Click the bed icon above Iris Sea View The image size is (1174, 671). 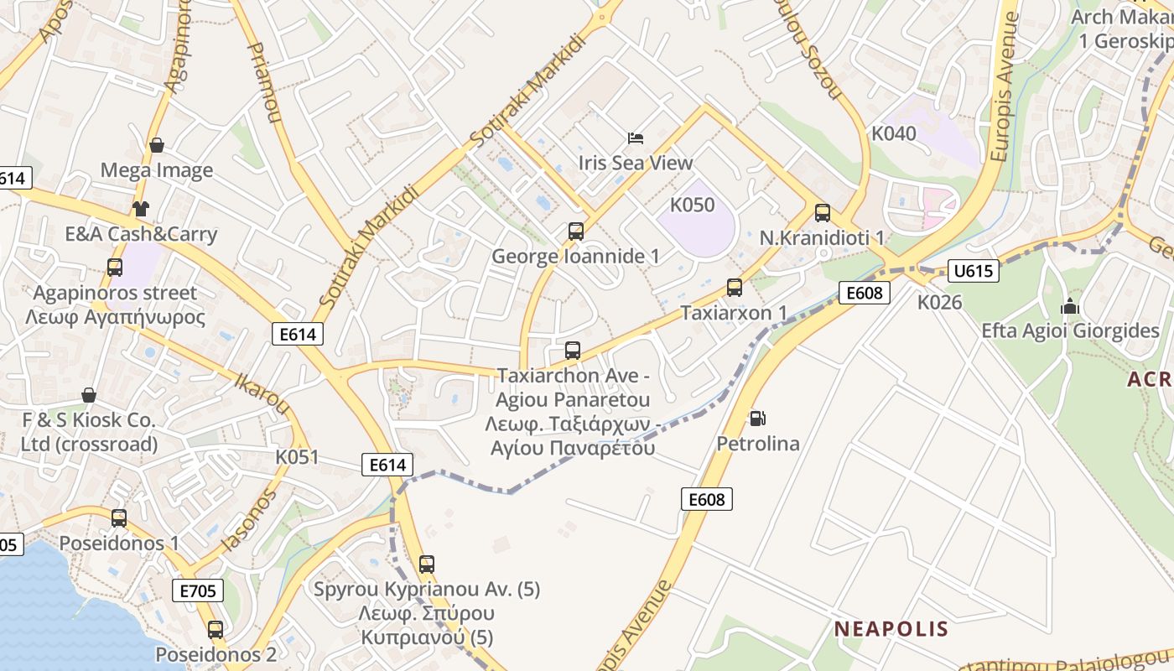[636, 138]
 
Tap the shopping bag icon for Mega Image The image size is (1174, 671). [156, 146]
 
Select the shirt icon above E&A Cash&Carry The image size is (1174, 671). [140, 209]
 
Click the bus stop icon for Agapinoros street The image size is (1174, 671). [115, 268]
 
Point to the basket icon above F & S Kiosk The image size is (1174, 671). [89, 395]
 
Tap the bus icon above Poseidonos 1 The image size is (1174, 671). [119, 518]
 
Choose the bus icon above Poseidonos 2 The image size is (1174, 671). [216, 629]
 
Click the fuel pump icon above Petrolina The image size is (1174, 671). [757, 418]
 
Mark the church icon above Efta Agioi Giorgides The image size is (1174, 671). [1069, 306]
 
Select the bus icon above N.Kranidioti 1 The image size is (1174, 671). [822, 213]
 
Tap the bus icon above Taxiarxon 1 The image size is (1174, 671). [735, 288]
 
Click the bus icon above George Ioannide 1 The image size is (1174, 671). [575, 231]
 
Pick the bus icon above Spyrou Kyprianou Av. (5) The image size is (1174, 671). [427, 564]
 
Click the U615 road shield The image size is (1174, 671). [974, 270]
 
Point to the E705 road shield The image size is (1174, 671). [198, 590]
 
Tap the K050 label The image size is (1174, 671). [692, 205]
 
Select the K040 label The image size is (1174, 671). [894, 133]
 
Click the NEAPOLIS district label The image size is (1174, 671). [891, 629]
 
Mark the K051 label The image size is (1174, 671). [298, 457]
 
